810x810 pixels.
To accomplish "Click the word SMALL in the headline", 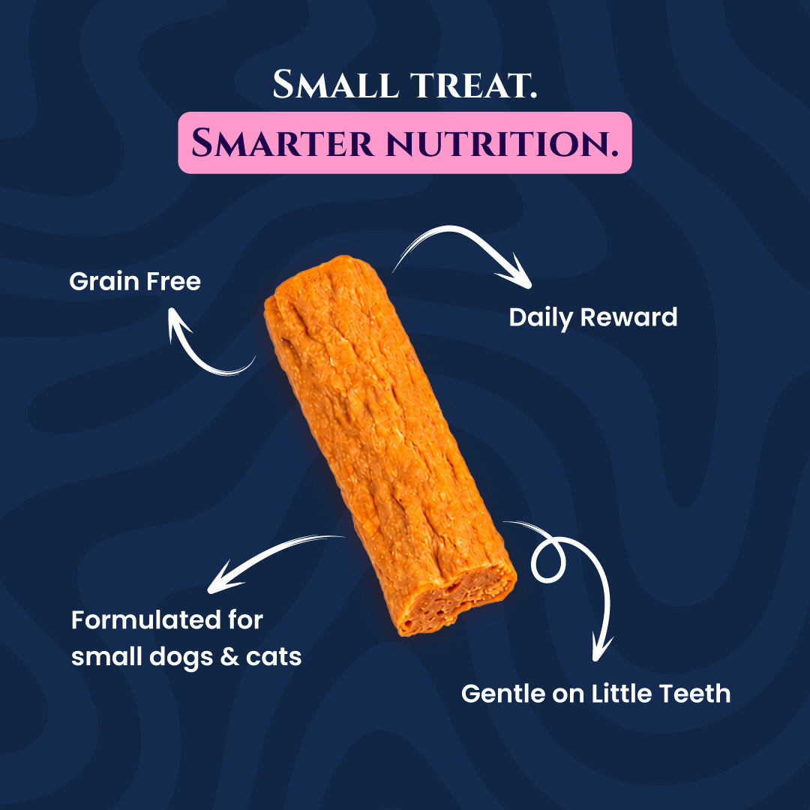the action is pos(335,84).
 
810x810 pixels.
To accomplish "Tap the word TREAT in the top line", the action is pos(472,85).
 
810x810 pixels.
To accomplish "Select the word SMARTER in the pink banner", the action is pos(283,142).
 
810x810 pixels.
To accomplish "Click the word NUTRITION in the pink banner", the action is pos(502,143).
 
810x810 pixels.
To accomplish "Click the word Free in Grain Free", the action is pos(173,281).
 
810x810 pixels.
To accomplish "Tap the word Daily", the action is pos(541,318).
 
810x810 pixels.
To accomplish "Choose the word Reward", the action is pos(628,317).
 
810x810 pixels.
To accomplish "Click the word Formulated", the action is pos(145,619).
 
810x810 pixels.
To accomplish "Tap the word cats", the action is pos(273,658).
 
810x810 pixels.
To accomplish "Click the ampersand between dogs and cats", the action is pos(229,657).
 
